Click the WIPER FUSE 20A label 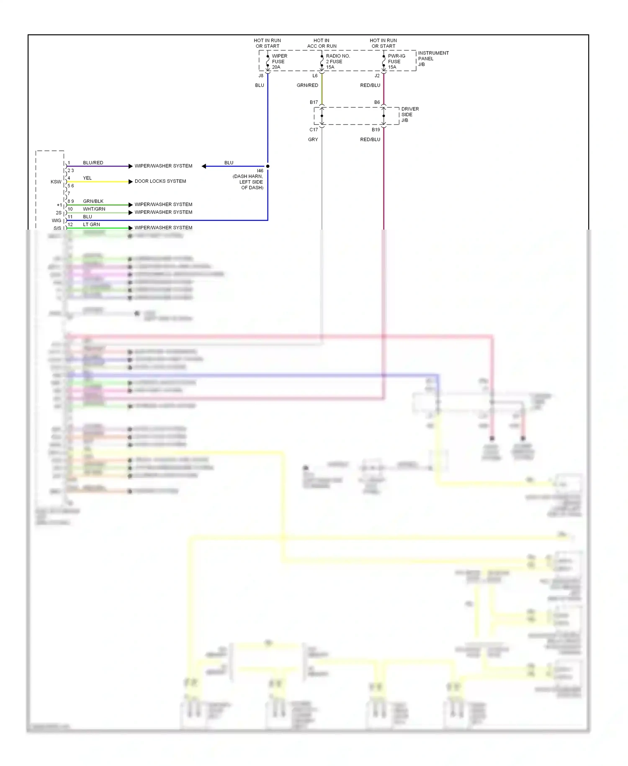[279, 61]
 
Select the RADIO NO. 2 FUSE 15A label [337, 61]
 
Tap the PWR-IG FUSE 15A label [396, 61]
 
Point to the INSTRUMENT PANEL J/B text [433, 59]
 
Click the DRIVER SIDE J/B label [409, 114]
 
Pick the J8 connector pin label [261, 76]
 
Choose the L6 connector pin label [315, 76]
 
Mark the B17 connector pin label [314, 102]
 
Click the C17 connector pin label [314, 130]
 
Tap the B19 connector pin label [376, 130]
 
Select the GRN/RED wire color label [307, 85]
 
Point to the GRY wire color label [313, 140]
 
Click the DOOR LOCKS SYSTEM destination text [160, 181]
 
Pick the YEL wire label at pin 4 [87, 178]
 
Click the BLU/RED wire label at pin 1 [93, 163]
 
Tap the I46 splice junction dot [268, 166]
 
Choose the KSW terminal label [56, 182]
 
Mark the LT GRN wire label [91, 225]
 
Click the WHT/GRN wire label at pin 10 [94, 209]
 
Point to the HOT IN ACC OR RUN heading [322, 43]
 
